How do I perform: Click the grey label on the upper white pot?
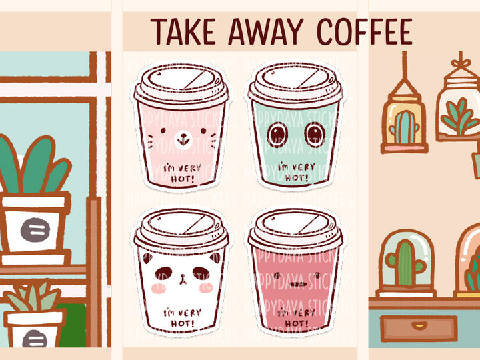[x=34, y=230]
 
